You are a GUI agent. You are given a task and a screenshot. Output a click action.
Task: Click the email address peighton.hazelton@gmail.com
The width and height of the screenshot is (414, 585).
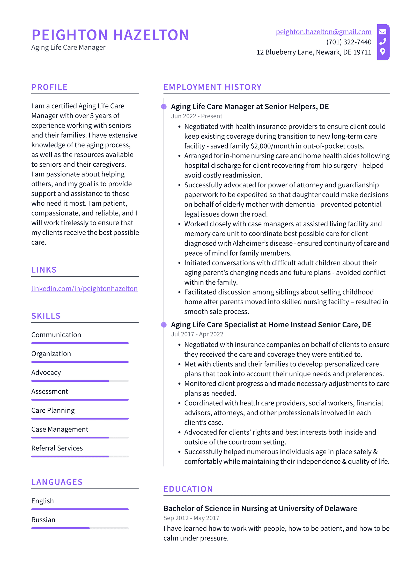click(x=323, y=32)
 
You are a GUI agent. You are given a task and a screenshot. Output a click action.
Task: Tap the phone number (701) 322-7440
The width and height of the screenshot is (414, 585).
click(x=349, y=42)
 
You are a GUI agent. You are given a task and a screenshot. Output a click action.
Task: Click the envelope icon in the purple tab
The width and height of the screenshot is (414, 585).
click(x=382, y=32)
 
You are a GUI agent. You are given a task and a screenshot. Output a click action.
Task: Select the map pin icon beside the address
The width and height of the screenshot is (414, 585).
click(x=382, y=51)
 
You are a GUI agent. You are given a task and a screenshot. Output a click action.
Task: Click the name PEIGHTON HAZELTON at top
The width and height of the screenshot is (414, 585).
click(x=110, y=35)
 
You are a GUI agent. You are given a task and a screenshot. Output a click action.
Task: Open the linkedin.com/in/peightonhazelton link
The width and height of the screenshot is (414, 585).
click(x=84, y=288)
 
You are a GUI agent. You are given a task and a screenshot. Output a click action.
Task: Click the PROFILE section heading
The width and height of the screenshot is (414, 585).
click(x=49, y=87)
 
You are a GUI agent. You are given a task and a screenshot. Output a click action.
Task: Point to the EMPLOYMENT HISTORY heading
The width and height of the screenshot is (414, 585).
click(x=212, y=87)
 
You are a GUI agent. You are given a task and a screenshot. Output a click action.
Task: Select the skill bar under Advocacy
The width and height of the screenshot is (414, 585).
click(x=80, y=381)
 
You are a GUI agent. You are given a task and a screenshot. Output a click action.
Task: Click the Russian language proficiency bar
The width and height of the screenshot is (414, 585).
click(x=80, y=528)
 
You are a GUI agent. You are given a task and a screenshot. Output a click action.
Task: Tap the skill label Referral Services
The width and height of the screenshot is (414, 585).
click(x=57, y=448)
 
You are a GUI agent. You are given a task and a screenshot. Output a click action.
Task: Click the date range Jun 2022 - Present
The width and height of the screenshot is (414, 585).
click(x=196, y=116)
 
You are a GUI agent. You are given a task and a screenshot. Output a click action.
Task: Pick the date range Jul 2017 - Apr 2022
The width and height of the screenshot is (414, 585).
click(x=197, y=334)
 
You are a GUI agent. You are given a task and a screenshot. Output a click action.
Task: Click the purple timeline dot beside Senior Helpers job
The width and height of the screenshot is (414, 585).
click(x=164, y=107)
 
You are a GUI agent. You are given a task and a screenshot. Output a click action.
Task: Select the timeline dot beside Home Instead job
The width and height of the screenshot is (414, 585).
click(x=164, y=325)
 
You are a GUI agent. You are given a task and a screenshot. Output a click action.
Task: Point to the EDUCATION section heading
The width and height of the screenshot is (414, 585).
click(x=188, y=489)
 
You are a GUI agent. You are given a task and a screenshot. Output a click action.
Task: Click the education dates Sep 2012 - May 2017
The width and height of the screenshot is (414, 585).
click(x=191, y=518)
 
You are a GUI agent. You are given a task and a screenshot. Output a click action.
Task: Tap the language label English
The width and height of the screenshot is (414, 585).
click(x=42, y=501)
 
